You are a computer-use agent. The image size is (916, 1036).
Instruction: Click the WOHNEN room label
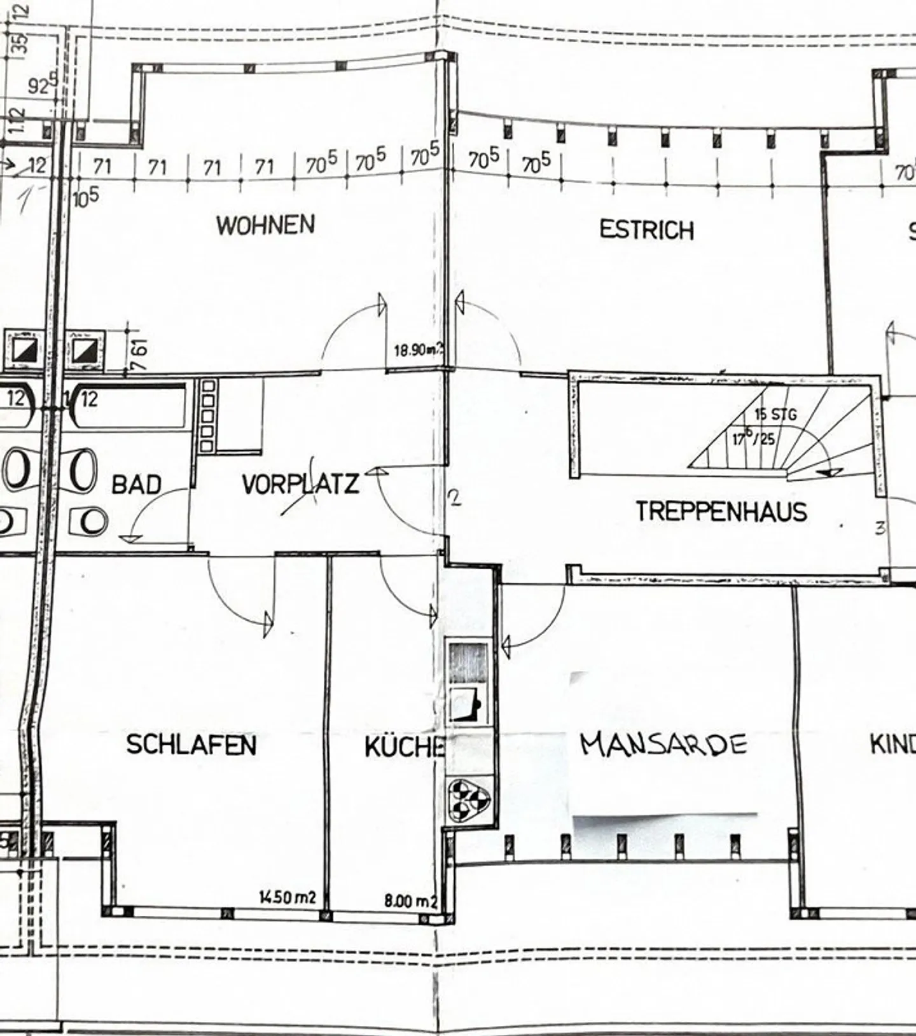tap(265, 225)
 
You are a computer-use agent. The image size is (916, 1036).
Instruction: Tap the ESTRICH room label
tap(646, 230)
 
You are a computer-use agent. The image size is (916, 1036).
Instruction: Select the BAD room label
tap(136, 485)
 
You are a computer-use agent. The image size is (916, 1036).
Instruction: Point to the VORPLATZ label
tap(300, 485)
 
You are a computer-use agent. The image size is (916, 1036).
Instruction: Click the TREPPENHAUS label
tap(721, 511)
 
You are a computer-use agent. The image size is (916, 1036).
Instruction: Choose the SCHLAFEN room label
tap(191, 744)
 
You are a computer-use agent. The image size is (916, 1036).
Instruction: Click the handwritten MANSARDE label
tap(663, 743)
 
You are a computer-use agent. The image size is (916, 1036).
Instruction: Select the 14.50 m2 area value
tap(287, 897)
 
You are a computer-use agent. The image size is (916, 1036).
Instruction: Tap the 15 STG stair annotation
tap(775, 415)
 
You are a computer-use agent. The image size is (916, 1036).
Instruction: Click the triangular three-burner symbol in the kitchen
tap(468, 799)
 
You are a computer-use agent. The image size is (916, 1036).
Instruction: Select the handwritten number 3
tap(880, 527)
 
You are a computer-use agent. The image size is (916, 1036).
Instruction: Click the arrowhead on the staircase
tap(829, 473)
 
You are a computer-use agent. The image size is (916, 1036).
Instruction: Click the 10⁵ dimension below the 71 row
tap(86, 198)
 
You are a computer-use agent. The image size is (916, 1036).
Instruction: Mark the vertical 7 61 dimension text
tap(141, 354)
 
